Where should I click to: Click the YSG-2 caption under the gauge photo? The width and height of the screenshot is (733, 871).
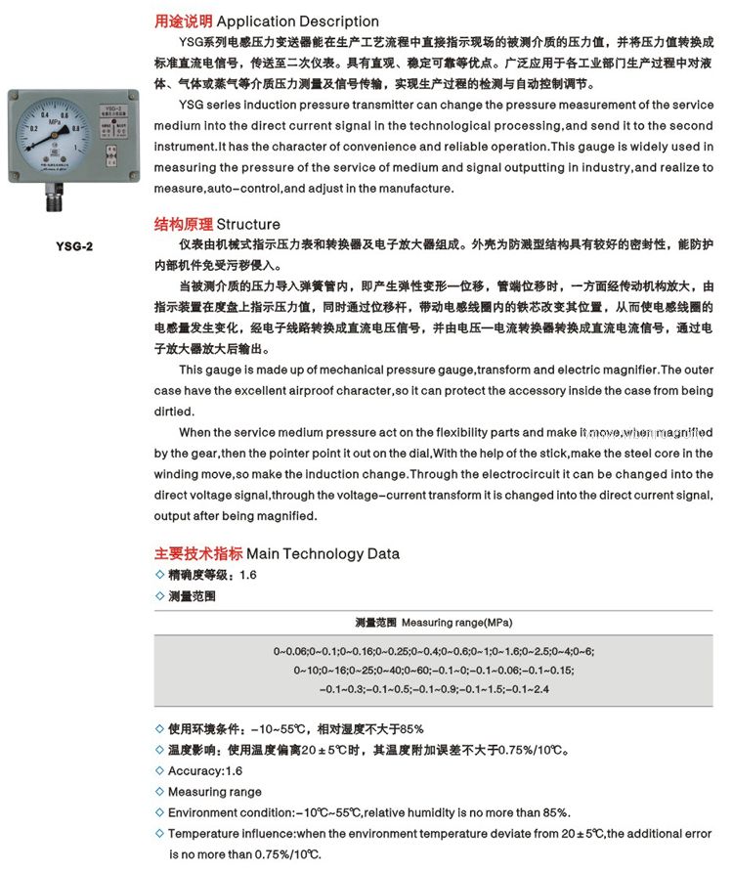[75, 247]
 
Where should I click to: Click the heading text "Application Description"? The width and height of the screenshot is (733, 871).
[297, 21]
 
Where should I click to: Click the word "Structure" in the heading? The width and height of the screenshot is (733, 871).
[248, 224]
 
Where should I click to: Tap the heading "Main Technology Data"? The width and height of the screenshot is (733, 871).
[323, 553]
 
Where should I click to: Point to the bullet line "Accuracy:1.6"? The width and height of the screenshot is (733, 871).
[205, 771]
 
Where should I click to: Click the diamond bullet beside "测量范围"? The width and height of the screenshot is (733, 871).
[160, 595]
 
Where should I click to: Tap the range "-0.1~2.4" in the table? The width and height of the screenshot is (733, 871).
[528, 689]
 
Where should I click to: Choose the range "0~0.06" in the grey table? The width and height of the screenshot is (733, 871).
[290, 651]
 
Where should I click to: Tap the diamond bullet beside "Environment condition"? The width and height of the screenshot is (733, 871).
[160, 812]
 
